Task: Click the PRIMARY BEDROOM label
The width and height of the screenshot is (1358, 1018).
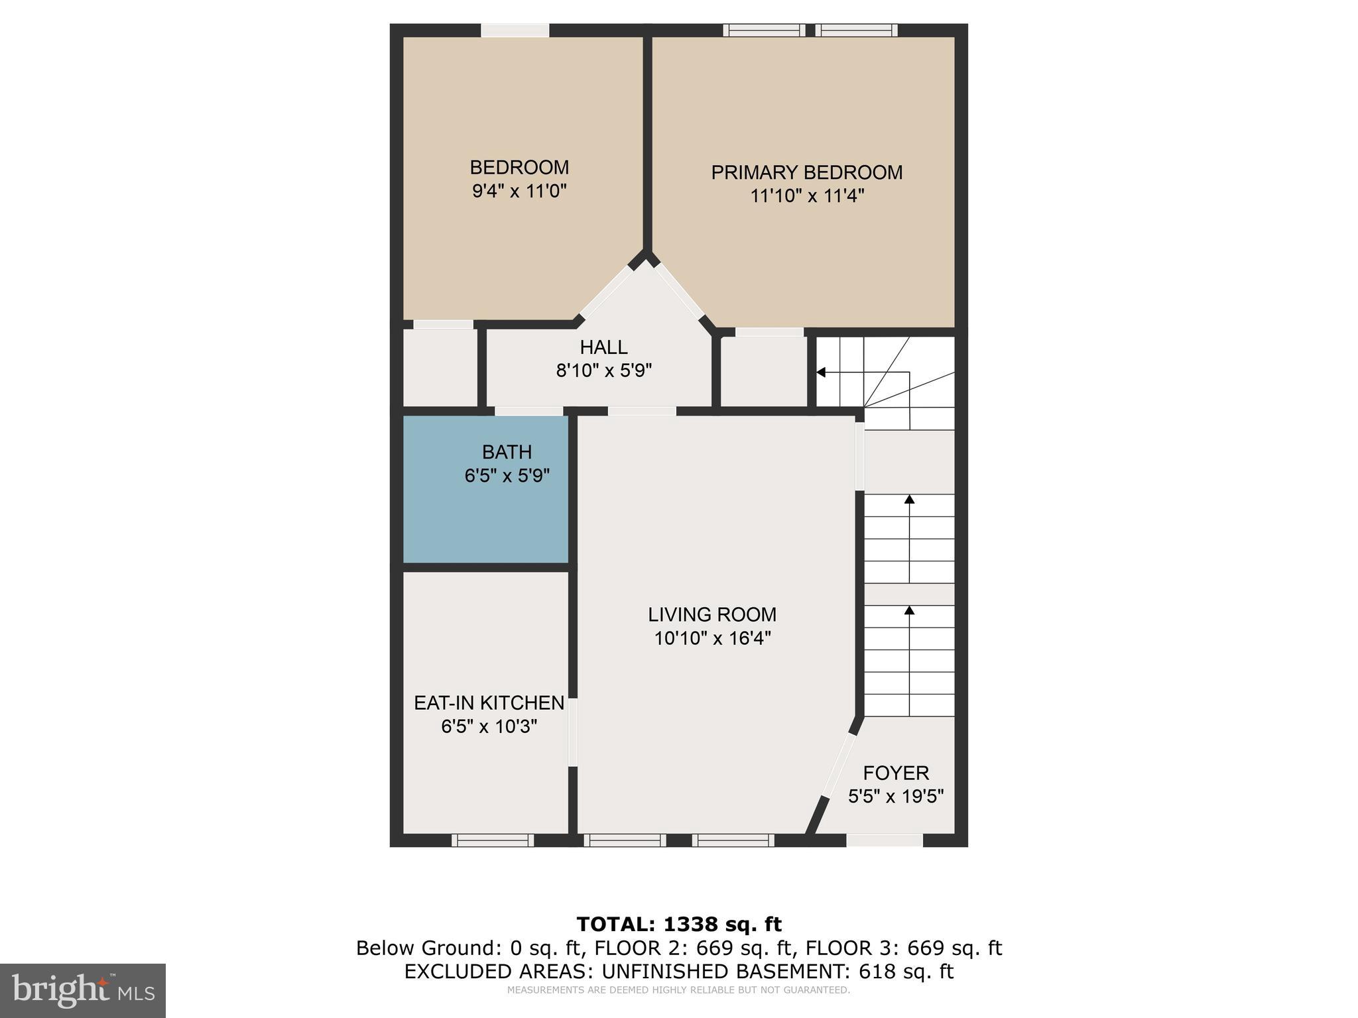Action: pos(806,172)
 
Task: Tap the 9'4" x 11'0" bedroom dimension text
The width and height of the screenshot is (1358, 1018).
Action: pos(519,192)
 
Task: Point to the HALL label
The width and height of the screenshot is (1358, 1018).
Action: pos(603,347)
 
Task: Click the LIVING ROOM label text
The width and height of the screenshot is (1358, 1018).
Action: pos(712,614)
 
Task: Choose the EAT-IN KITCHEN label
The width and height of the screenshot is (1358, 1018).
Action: pos(489,703)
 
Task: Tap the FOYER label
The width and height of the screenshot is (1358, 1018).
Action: pos(896,773)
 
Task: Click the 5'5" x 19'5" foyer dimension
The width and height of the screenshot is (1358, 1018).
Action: pos(896,796)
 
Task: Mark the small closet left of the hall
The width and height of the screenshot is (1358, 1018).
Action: pos(440,368)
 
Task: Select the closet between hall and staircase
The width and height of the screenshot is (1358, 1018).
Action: pos(763,371)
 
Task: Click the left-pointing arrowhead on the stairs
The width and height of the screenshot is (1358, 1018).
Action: pos(821,372)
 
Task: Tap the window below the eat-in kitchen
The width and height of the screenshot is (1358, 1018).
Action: pos(493,840)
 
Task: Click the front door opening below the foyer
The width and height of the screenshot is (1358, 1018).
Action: pos(885,840)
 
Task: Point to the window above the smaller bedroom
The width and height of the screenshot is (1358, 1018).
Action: pos(515,30)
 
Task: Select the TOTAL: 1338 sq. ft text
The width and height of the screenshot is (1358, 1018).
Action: pos(679,924)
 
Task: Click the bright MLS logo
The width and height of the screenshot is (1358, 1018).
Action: pos(83,990)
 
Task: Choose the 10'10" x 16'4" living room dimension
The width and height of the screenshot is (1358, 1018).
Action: pos(712,638)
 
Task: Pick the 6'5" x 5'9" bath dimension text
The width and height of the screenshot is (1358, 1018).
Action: pos(507,476)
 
